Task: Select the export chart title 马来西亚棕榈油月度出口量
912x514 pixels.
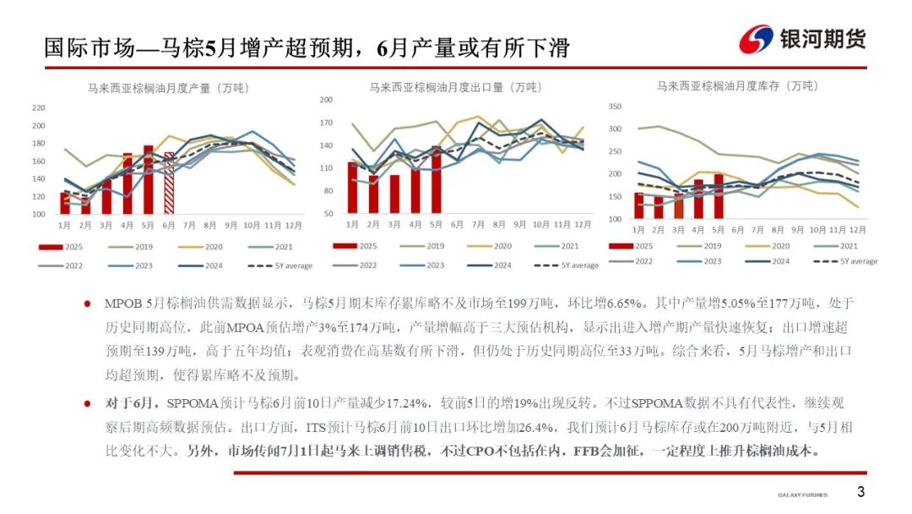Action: (455, 87)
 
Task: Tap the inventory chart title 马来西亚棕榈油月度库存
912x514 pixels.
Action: (737, 85)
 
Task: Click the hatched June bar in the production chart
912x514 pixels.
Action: (169, 183)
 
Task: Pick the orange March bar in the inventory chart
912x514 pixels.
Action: (678, 206)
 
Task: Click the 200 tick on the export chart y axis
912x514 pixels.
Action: (326, 100)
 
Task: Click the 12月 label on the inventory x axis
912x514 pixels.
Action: (856, 230)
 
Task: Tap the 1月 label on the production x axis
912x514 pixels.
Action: (64, 226)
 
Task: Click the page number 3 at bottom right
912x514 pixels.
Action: (860, 492)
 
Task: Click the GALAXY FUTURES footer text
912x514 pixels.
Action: (802, 495)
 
